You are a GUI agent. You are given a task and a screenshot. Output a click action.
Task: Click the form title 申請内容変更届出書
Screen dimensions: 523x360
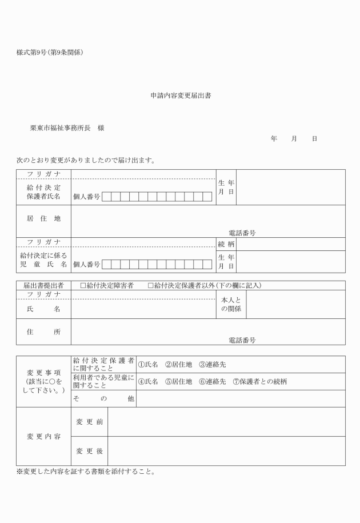click(180, 96)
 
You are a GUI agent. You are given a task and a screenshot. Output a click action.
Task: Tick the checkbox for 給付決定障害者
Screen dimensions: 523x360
click(83, 285)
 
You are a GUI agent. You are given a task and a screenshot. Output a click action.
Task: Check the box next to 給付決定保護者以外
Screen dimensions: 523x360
click(150, 285)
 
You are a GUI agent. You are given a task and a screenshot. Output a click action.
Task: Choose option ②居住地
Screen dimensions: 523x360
click(179, 365)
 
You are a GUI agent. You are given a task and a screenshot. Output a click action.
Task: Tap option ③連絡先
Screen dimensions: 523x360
click(213, 365)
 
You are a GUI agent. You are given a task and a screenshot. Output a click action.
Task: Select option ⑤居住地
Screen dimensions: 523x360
click(179, 382)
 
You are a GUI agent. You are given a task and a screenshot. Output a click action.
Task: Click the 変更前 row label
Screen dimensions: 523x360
click(89, 421)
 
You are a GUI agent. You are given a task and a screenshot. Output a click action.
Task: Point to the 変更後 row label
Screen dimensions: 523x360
click(89, 451)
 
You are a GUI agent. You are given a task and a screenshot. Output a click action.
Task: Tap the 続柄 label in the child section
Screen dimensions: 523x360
click(226, 244)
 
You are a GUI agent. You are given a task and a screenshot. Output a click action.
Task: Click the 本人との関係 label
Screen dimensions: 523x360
click(231, 305)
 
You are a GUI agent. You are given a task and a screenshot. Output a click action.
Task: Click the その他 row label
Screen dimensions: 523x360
click(103, 398)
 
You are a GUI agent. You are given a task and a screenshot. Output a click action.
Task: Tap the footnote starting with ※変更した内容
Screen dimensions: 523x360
click(86, 472)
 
